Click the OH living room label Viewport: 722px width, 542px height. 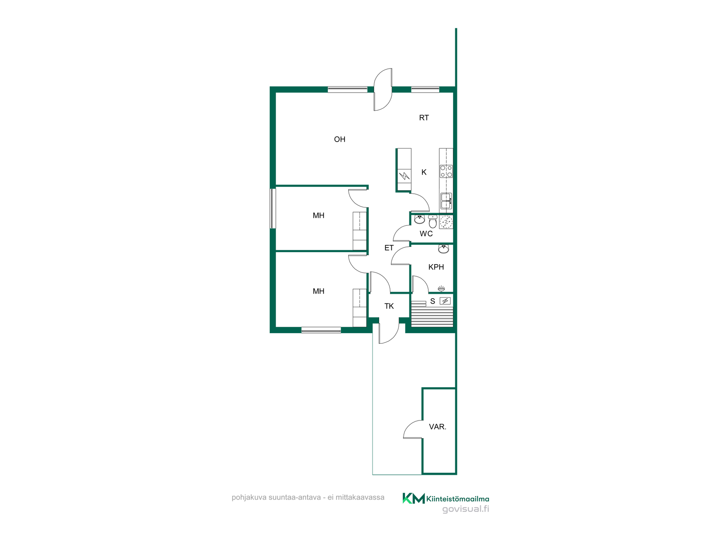pyautogui.click(x=340, y=139)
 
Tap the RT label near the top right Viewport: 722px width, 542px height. pyautogui.click(x=424, y=118)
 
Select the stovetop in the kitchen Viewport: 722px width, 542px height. pyautogui.click(x=446, y=171)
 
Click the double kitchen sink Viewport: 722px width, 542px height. pyautogui.click(x=446, y=201)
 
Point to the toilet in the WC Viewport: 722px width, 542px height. pyautogui.click(x=433, y=222)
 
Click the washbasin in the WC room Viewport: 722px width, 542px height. pyautogui.click(x=419, y=219)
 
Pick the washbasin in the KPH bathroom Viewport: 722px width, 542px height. pyautogui.click(x=444, y=249)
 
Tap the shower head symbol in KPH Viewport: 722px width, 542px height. pyautogui.click(x=441, y=289)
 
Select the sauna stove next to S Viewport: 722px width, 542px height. pyautogui.click(x=445, y=301)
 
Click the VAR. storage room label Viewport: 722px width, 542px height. pyautogui.click(x=438, y=427)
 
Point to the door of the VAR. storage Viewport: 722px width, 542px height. pyautogui.click(x=413, y=429)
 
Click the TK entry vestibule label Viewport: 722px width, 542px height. pyautogui.click(x=389, y=306)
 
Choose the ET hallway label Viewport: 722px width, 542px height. pyautogui.click(x=389, y=248)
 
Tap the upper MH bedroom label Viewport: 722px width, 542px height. pyautogui.click(x=319, y=216)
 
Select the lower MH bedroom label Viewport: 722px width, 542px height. pyautogui.click(x=319, y=291)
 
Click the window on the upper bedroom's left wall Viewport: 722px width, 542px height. pyautogui.click(x=273, y=209)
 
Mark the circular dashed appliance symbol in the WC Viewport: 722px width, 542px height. pyautogui.click(x=446, y=222)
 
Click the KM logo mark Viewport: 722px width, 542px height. pyautogui.click(x=414, y=498)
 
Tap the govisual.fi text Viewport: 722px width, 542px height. pyautogui.click(x=466, y=509)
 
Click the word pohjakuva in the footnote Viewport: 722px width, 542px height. pyautogui.click(x=249, y=498)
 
